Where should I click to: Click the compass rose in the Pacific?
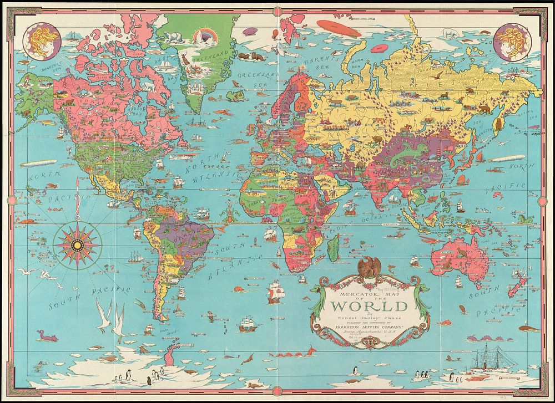(77, 244)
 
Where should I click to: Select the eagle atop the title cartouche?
(366, 267)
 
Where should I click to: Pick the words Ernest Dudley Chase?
(369, 318)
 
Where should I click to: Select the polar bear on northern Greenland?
(173, 36)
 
